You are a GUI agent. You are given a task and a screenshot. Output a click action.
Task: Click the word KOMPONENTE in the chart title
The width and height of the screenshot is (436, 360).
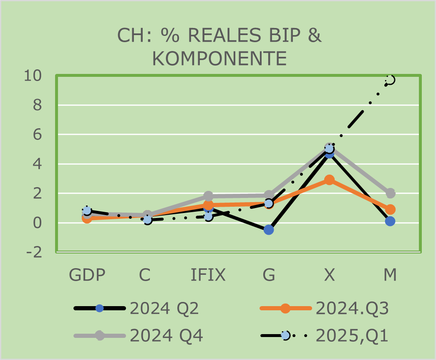point(219,58)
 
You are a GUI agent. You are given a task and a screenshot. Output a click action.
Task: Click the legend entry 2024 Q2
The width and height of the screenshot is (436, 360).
point(164,309)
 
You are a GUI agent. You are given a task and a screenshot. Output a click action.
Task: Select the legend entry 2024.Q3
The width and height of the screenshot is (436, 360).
point(352,309)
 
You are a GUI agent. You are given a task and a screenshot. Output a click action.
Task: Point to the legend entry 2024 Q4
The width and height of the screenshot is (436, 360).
point(166,335)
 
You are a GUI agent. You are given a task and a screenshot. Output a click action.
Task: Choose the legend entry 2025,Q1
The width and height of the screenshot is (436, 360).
point(352,335)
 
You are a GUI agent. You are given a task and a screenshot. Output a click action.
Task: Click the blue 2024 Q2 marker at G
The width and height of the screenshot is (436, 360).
point(269,230)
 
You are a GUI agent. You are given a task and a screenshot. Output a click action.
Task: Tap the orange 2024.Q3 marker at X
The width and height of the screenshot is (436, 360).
point(330,180)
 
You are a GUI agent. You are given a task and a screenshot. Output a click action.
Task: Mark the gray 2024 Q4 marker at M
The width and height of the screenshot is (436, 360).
point(390,193)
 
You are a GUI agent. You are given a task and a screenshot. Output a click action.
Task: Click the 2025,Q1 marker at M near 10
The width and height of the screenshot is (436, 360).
point(390,80)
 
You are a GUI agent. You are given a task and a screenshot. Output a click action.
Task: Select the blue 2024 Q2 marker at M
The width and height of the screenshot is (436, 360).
point(390,221)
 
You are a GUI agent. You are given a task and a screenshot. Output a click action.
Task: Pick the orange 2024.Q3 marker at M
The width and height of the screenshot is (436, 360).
point(390,209)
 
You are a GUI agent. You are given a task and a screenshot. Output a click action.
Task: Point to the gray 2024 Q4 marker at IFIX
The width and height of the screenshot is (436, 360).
point(208,196)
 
